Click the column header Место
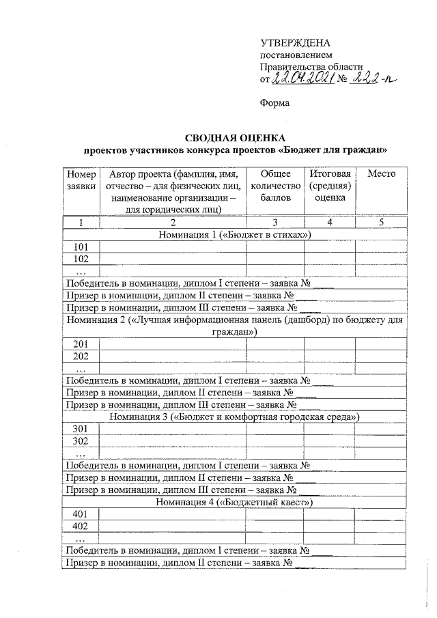pyautogui.click(x=381, y=174)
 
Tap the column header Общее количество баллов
pyautogui.click(x=275, y=185)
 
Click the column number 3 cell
pyautogui.click(x=275, y=223)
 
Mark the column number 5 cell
pyautogui.click(x=381, y=223)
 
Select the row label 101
pyautogui.click(x=81, y=247)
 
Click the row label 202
pyautogui.click(x=81, y=356)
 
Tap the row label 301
pyautogui.click(x=81, y=428)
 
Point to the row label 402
pyautogui.click(x=81, y=526)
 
